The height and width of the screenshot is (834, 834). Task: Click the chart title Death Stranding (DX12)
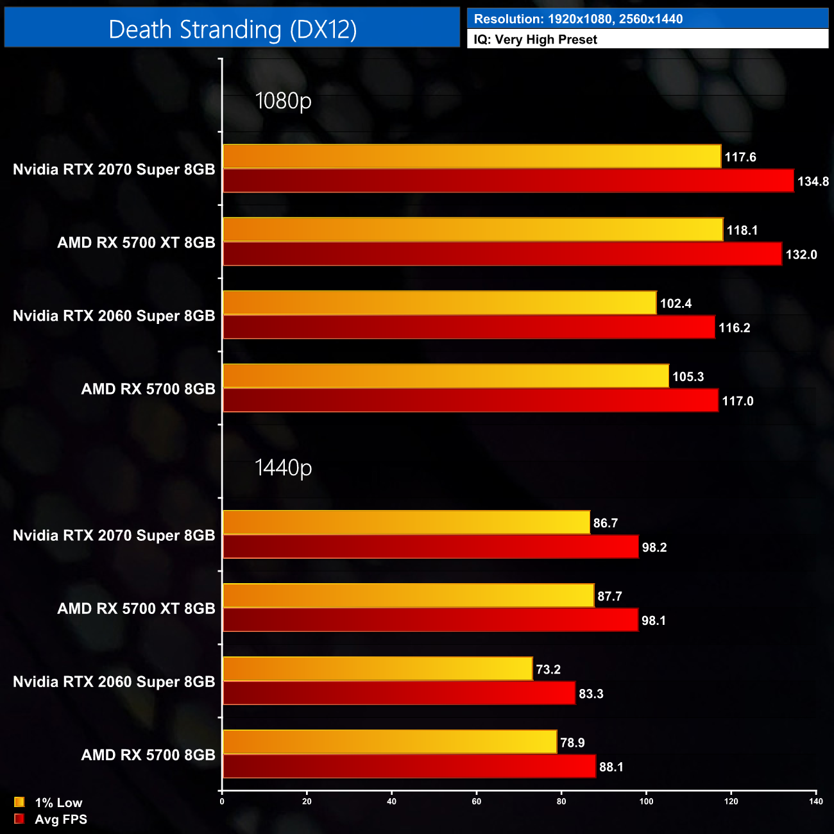coord(232,30)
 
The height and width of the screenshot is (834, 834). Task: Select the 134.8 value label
coord(813,182)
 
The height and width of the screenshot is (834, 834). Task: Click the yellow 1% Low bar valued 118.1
coord(473,230)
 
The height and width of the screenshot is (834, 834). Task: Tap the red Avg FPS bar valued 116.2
coord(468,327)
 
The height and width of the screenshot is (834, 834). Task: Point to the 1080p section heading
coord(283,101)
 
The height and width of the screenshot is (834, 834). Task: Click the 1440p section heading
coord(283,468)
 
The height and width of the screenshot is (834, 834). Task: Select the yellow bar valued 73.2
coord(377,669)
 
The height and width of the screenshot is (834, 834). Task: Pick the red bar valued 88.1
coord(409,767)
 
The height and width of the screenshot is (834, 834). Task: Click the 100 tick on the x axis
coord(646,801)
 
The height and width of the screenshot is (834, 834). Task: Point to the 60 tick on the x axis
coord(477,801)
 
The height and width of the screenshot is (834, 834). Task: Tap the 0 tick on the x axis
coord(222,801)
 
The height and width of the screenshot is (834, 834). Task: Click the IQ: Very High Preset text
coord(535,40)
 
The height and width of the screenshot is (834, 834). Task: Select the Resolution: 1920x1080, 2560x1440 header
coord(578,19)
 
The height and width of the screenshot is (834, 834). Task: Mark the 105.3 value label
coord(688,377)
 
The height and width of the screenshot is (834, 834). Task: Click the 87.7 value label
coord(609,597)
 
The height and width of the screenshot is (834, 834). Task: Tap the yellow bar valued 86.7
coord(406,523)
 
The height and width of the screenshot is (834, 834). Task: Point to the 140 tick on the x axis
coord(815,801)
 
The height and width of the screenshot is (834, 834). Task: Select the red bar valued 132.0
coord(502,254)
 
